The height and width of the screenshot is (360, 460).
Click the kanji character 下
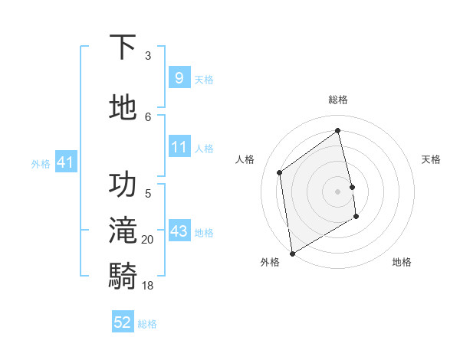click(123, 47)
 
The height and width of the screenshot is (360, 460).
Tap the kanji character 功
click(123, 185)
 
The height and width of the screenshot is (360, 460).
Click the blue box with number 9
click(179, 78)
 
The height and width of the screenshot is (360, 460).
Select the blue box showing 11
click(179, 147)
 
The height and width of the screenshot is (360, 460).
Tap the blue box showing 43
click(179, 231)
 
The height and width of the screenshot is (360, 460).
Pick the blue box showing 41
click(65, 162)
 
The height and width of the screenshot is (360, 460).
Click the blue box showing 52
click(123, 322)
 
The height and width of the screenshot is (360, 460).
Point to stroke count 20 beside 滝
click(148, 240)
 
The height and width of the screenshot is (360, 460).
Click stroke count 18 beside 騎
click(148, 285)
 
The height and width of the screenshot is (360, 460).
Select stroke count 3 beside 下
click(148, 55)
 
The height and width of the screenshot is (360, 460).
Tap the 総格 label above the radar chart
click(338, 100)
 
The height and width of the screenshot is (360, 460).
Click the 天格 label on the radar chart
click(431, 159)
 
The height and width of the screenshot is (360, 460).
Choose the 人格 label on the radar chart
click(245, 159)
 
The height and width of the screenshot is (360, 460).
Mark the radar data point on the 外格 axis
click(291, 253)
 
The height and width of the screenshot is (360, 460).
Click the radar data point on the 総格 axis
click(338, 130)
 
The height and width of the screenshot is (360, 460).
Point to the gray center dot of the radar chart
click(338, 191)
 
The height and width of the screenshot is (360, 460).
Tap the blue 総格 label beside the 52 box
click(147, 324)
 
